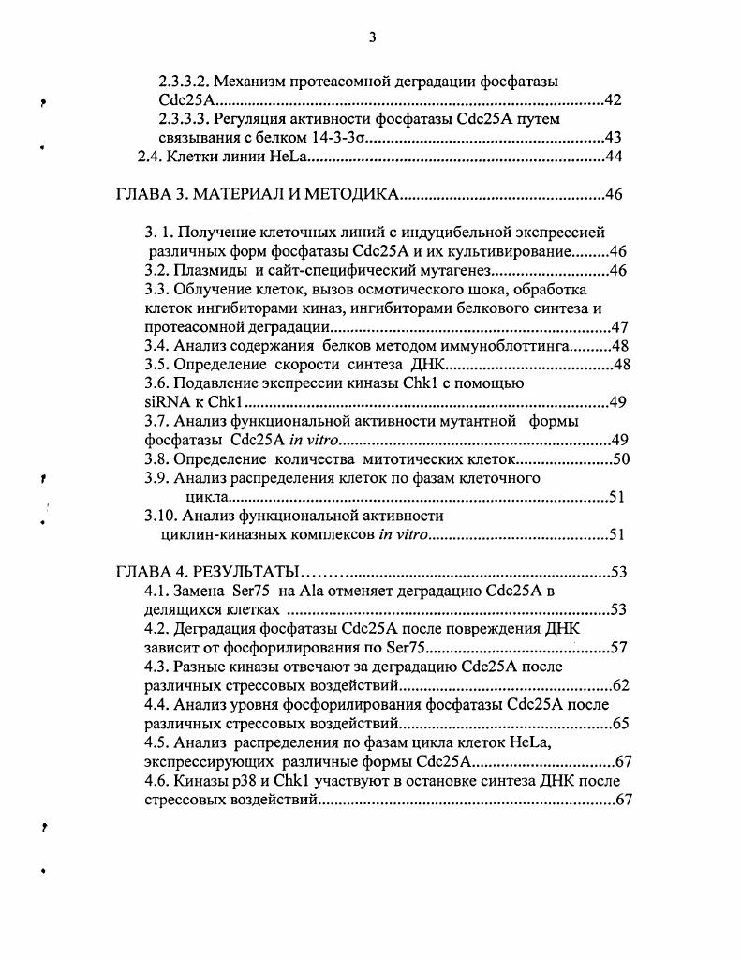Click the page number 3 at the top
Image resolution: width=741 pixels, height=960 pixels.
pyautogui.click(x=372, y=37)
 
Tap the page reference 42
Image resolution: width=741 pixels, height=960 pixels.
pyautogui.click(x=613, y=100)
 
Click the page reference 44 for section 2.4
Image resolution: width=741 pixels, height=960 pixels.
pyautogui.click(x=614, y=157)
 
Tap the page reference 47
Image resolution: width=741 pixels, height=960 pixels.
pyautogui.click(x=618, y=328)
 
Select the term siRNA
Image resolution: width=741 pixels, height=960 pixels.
pyautogui.click(x=166, y=403)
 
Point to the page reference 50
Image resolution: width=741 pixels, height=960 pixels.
pyautogui.click(x=620, y=459)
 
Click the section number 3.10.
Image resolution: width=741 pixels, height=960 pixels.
pyautogui.click(x=160, y=516)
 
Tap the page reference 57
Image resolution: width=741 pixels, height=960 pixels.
pyautogui.click(x=617, y=648)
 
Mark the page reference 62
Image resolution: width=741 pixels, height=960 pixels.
pyautogui.click(x=619, y=685)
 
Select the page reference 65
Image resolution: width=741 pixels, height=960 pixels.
pyautogui.click(x=619, y=724)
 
